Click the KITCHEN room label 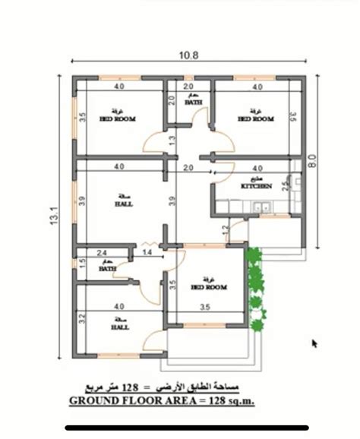[256, 186]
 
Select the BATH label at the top [193, 103]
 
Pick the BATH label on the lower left [107, 268]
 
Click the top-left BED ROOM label [118, 119]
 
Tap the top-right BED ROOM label [255, 119]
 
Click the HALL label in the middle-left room [122, 204]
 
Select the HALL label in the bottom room [119, 328]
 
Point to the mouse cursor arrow [314, 344]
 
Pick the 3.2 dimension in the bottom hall [81, 319]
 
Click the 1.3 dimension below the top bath [172, 141]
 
